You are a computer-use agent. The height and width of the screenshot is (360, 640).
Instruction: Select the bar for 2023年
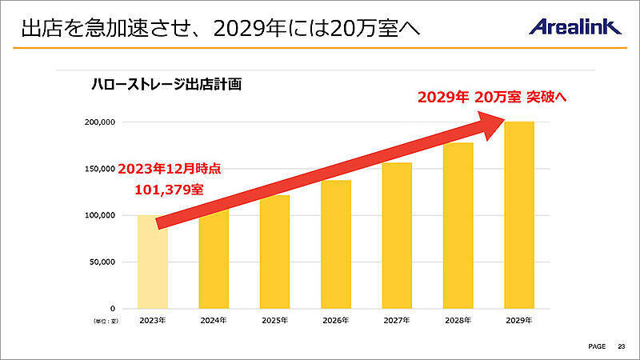coord(152,272)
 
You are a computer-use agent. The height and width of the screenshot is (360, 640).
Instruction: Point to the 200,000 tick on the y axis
coord(100,122)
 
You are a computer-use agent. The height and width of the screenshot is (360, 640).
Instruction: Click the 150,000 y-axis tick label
coord(100,169)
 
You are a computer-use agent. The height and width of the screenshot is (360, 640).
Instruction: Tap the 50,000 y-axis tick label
coord(102,262)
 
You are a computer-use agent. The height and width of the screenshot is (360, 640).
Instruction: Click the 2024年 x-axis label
coord(213,321)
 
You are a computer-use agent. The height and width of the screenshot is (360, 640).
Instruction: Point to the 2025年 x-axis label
coord(274,321)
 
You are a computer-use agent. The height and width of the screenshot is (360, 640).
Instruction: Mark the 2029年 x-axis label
coord(518,321)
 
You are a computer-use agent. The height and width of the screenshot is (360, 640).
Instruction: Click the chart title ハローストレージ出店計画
coord(166,83)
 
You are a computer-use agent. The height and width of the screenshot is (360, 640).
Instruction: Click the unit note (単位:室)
coord(102,321)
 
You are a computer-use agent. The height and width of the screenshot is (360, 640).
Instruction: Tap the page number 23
coord(621,346)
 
